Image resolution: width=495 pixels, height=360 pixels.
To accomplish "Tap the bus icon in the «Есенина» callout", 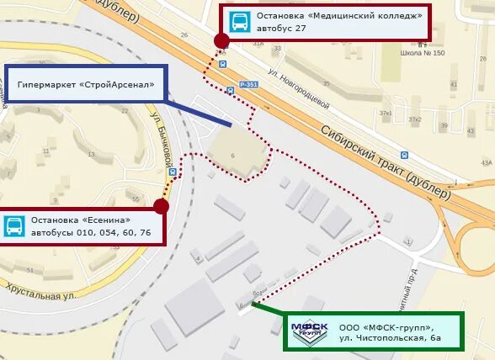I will [x=14, y=225].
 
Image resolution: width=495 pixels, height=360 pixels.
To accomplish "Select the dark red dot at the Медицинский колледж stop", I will [x=221, y=40].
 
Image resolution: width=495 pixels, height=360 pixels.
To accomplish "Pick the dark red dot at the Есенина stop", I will [x=162, y=206].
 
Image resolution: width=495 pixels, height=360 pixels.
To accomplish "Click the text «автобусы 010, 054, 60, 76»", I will [x=91, y=232].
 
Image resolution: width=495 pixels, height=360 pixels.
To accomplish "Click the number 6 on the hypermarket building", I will [x=232, y=155].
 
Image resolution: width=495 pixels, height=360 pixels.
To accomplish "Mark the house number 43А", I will [x=486, y=163].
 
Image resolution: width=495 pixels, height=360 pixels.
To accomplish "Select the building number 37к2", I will [x=415, y=119].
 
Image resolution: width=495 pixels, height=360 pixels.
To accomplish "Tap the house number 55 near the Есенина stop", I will [x=136, y=199].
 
